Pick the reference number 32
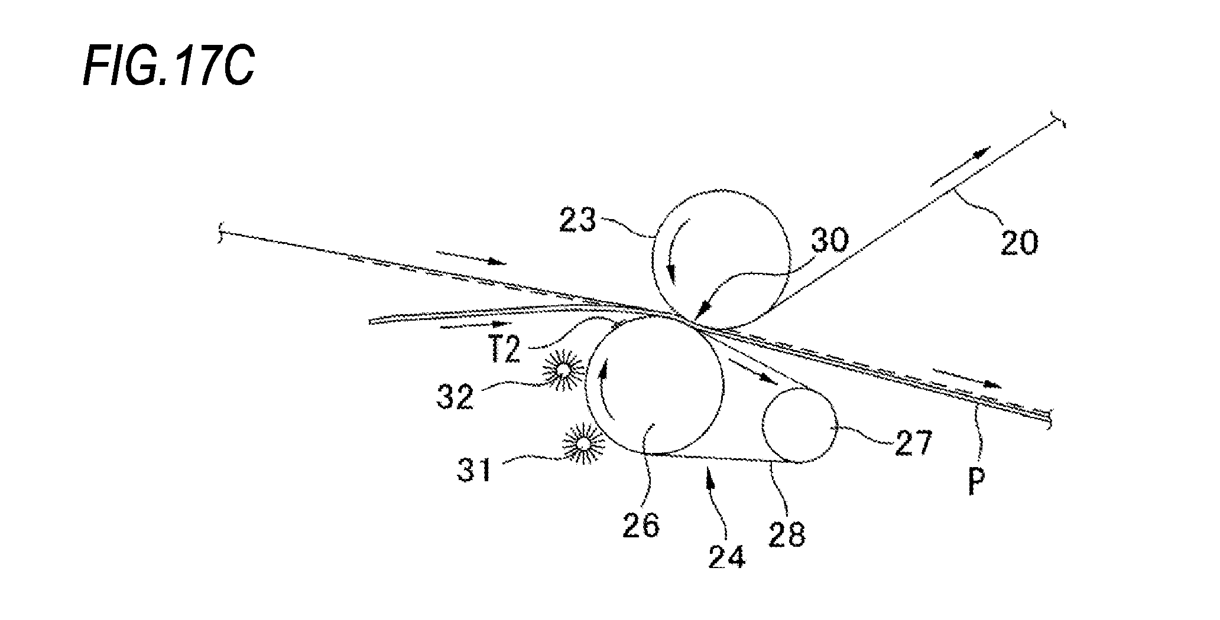(x=455, y=397)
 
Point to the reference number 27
(x=913, y=443)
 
